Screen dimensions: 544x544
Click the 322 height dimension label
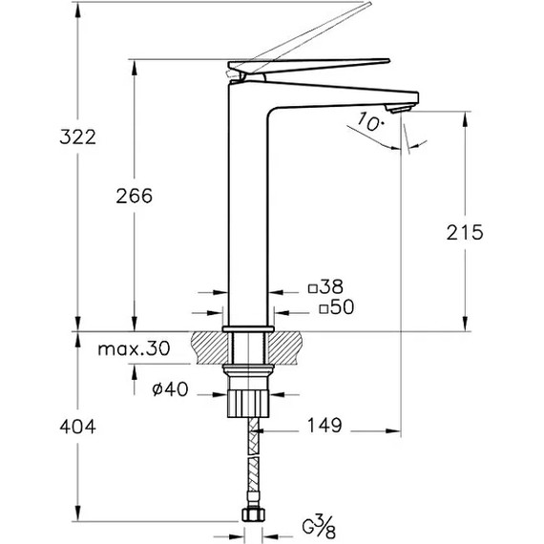tap(77, 137)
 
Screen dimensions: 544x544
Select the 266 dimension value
tap(135, 196)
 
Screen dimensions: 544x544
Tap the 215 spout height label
tap(465, 233)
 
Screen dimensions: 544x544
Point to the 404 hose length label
tap(77, 427)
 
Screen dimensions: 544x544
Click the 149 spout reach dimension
tap(324, 426)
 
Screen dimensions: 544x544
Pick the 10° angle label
tap(370, 122)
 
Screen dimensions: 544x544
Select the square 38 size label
tap(325, 286)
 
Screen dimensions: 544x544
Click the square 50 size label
tap(337, 307)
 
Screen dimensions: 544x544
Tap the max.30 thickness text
tap(134, 348)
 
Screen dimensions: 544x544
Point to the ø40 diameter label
tap(170, 389)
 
